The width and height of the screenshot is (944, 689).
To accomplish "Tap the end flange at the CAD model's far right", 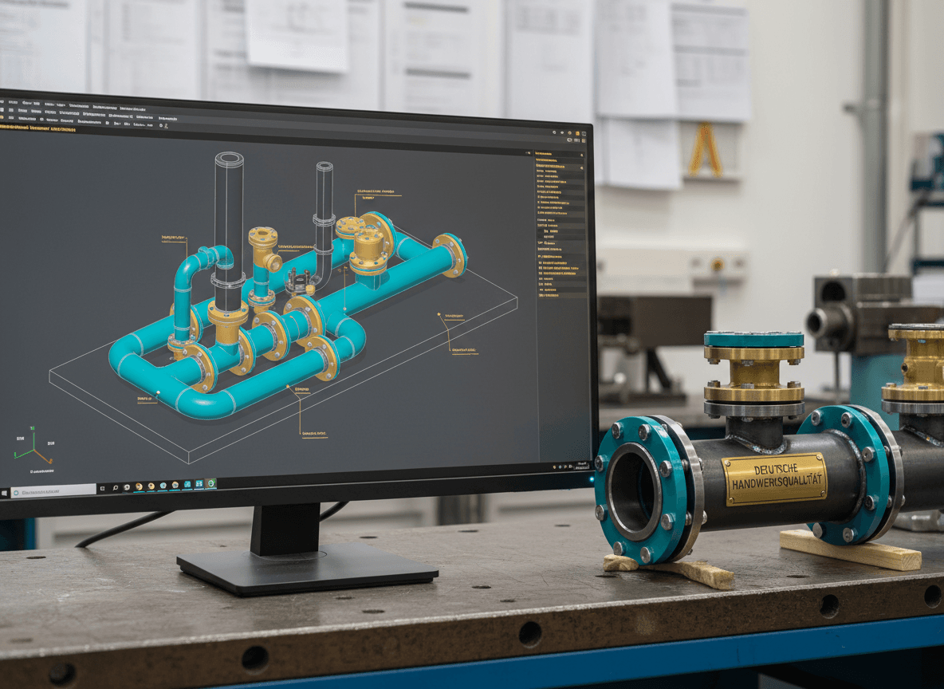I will click(452, 254).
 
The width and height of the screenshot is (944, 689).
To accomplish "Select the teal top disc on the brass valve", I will click(753, 339).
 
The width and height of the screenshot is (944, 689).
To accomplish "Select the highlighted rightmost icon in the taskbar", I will click(210, 484).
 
